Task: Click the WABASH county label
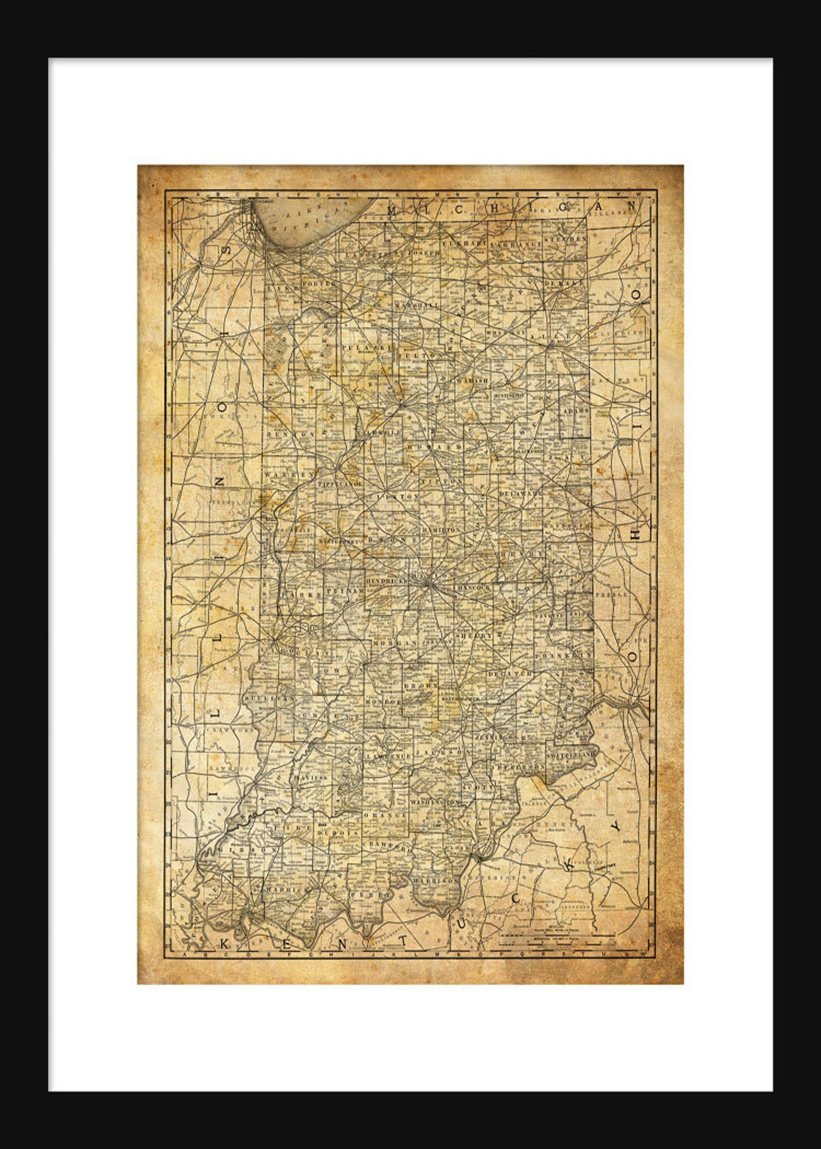(x=473, y=380)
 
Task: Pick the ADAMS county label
(x=576, y=411)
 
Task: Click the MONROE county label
(x=383, y=702)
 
